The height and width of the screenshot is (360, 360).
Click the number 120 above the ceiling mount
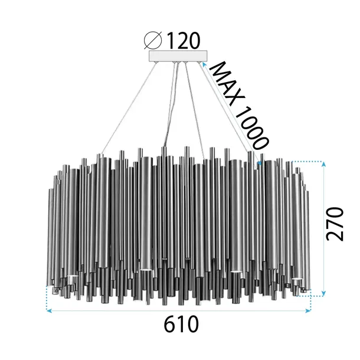point(183,41)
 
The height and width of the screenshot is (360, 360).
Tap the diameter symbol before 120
point(153,41)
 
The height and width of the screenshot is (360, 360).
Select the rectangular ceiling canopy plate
point(179,57)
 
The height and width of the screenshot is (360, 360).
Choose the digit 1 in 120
point(169,41)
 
